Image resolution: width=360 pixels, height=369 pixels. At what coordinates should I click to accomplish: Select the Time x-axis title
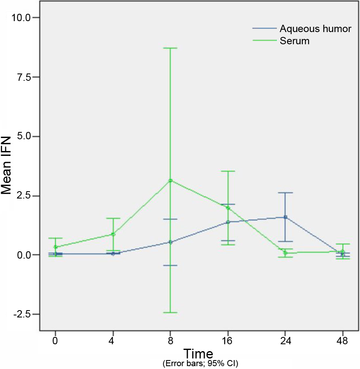coord(198,353)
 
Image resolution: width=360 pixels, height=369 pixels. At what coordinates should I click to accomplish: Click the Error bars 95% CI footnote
coord(200,363)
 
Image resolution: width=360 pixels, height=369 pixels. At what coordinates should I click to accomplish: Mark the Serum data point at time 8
coord(170,180)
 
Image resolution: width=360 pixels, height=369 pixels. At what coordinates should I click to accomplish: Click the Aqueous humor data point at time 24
coord(285,217)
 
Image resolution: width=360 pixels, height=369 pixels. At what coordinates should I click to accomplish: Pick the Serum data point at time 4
coord(113,234)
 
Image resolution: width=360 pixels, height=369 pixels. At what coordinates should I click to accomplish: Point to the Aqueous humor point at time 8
coord(170,242)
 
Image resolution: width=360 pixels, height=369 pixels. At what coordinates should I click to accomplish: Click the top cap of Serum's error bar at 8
coord(170,48)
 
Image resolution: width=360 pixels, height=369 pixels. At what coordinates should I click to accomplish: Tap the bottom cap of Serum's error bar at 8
coord(170,313)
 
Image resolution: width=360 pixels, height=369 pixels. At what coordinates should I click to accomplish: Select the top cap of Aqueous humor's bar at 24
coord(285,192)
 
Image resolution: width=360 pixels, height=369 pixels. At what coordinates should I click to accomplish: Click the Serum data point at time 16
coord(228,208)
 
